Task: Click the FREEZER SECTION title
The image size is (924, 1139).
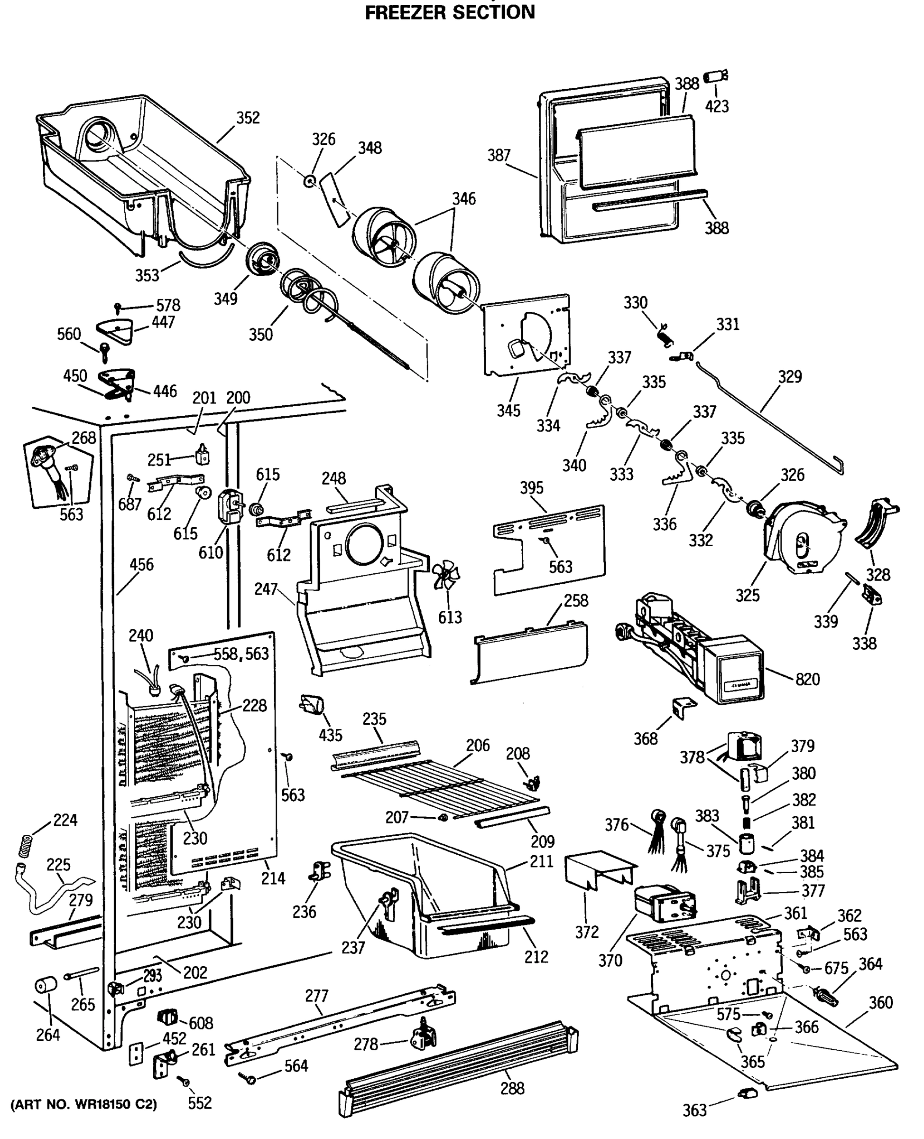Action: tap(450, 12)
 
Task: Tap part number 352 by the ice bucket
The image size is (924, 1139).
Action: tap(248, 118)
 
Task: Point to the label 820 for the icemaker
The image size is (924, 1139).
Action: tap(807, 679)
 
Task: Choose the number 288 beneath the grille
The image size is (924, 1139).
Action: tap(512, 1088)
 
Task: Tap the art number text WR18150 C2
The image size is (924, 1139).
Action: tap(83, 1104)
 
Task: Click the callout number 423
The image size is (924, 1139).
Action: tap(716, 106)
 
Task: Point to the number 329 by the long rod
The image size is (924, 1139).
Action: tap(789, 376)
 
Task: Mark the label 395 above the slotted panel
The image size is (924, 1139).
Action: tap(531, 488)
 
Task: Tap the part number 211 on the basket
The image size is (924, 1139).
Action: tap(541, 861)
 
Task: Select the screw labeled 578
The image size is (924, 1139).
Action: tap(118, 307)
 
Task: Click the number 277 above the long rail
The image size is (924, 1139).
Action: tap(317, 995)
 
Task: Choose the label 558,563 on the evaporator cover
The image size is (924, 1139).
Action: tap(241, 654)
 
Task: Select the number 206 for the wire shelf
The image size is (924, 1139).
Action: tap(478, 745)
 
